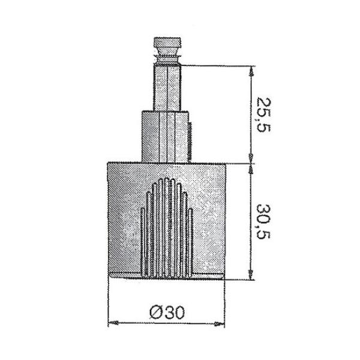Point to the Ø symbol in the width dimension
click(x=154, y=311)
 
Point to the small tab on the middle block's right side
click(x=191, y=134)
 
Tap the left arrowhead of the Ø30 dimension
click(x=112, y=325)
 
